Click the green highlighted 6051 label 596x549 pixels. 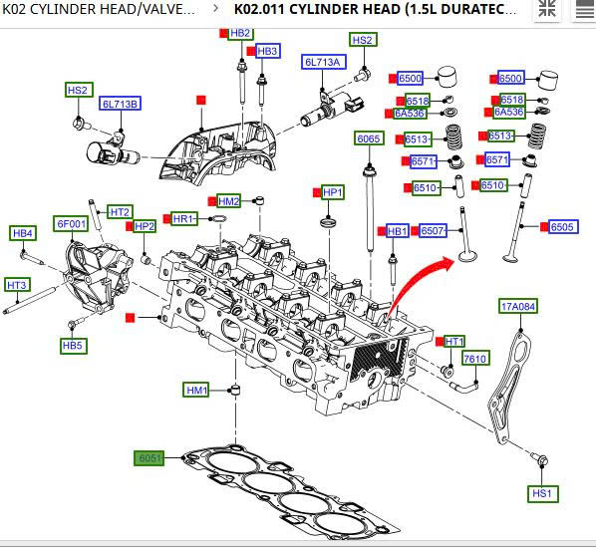tap(149, 457)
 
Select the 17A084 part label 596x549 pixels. tap(517, 306)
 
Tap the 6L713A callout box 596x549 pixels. tap(324, 62)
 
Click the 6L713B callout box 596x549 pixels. tap(121, 104)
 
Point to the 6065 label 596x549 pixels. tap(369, 138)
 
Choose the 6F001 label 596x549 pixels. tap(71, 224)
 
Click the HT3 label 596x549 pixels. tap(17, 285)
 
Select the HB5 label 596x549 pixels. tap(74, 346)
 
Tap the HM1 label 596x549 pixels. tap(196, 390)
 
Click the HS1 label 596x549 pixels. tap(542, 493)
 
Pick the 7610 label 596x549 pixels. tap(475, 359)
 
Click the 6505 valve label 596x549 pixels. tap(564, 227)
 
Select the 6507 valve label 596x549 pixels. tap(433, 230)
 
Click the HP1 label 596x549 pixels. tap(333, 192)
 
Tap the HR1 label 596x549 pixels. tap(184, 218)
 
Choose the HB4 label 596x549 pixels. tap(23, 233)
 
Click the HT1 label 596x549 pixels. tap(454, 342)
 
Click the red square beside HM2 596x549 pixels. tap(212, 201)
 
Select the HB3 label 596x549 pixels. tap(267, 51)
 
